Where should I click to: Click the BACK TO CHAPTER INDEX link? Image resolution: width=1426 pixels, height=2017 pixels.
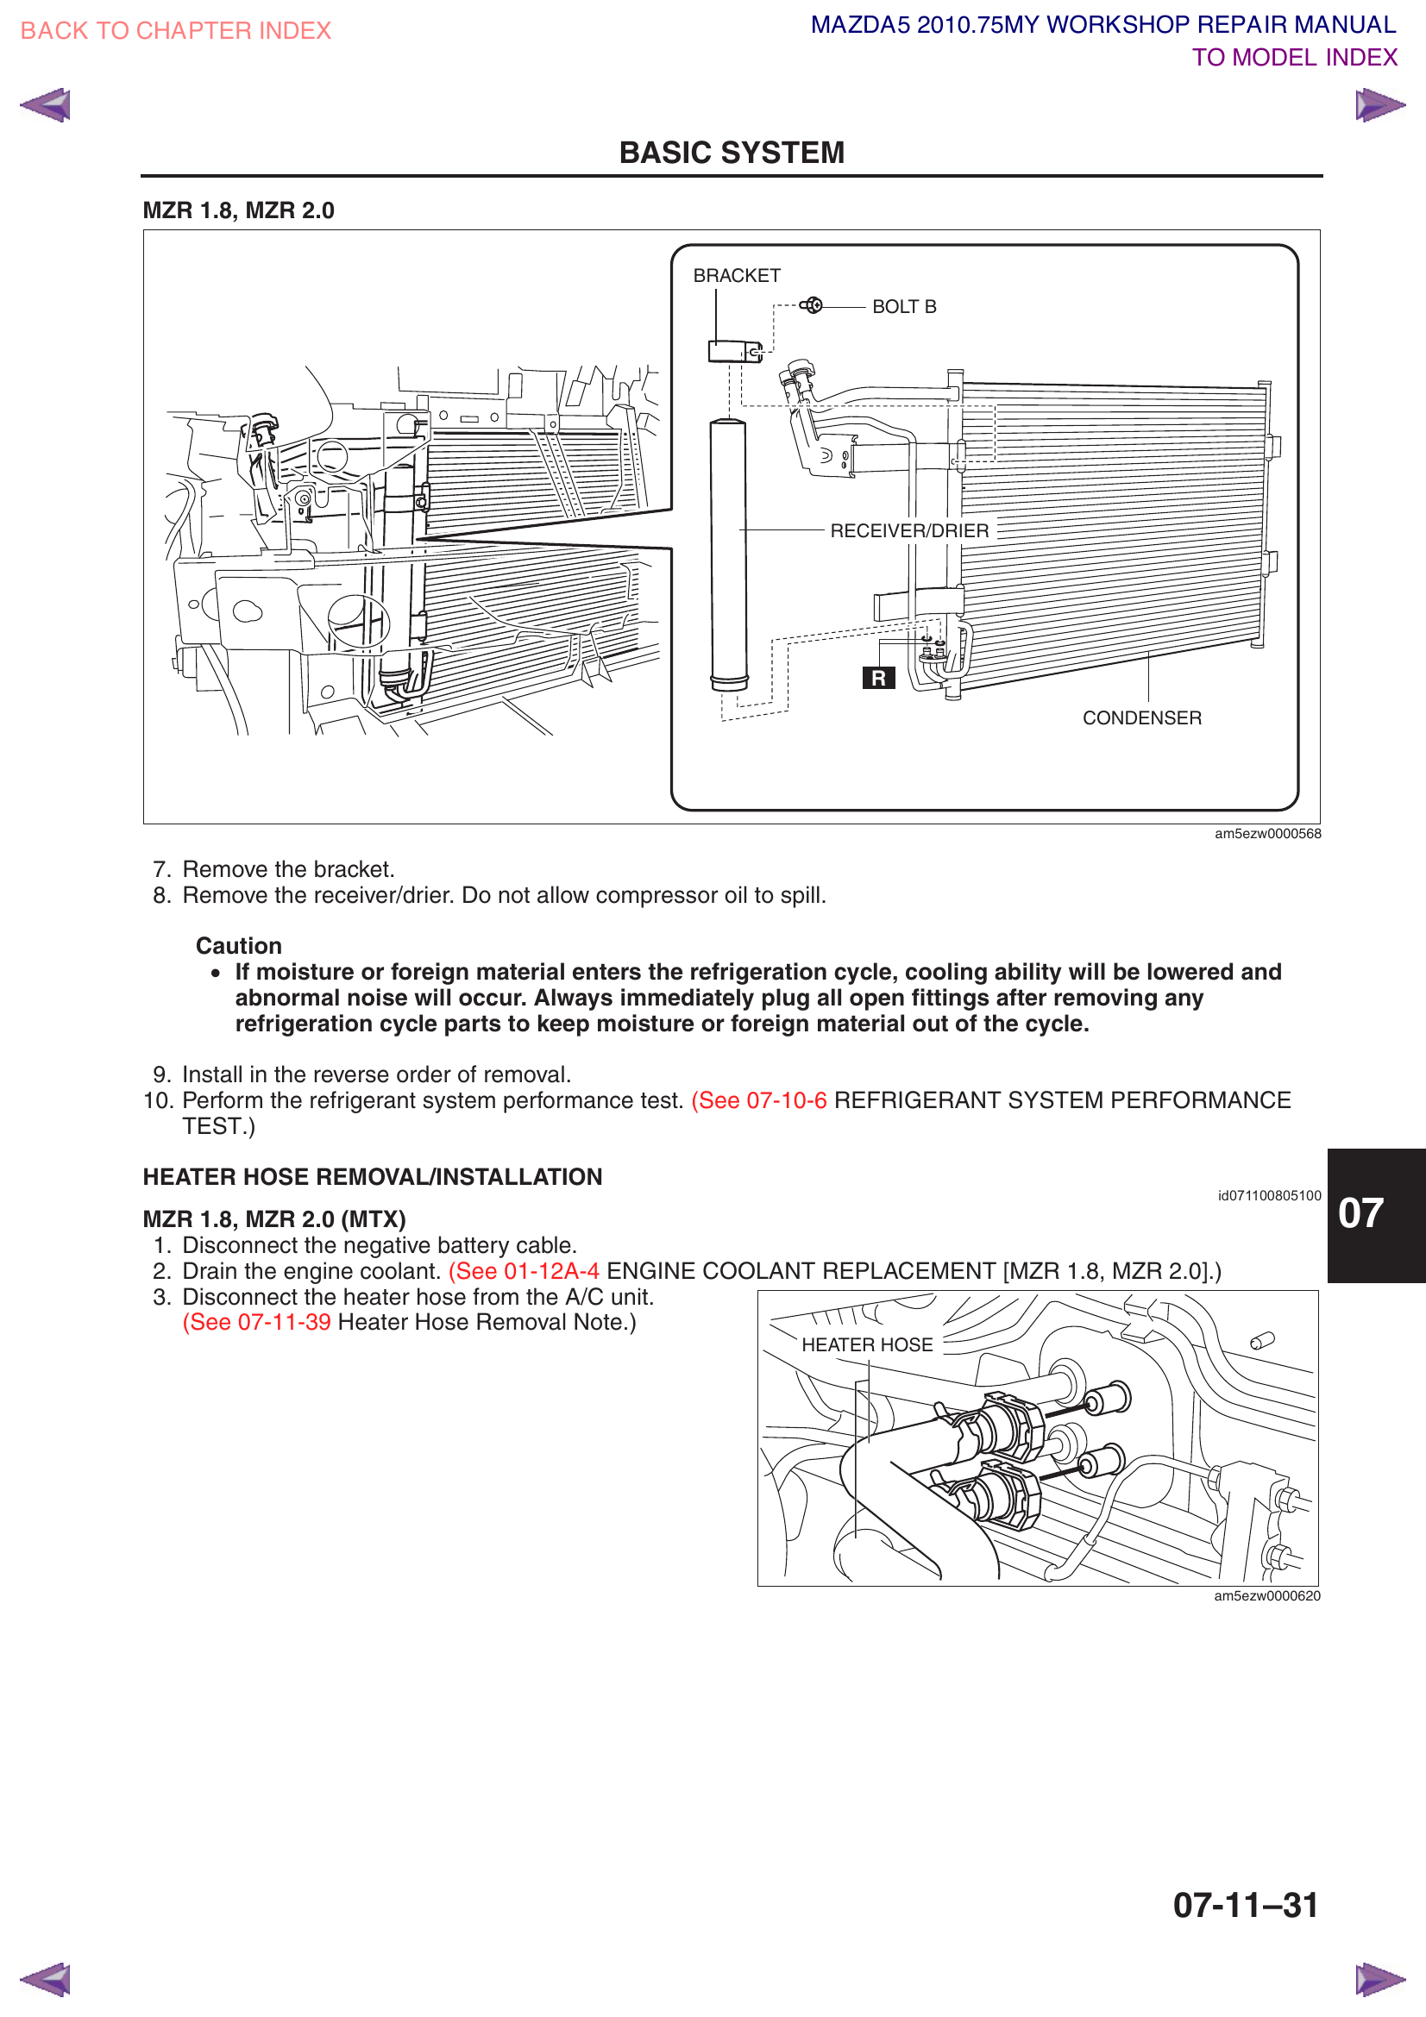pos(176,31)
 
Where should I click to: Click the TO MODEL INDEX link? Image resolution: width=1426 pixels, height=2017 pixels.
pos(1293,58)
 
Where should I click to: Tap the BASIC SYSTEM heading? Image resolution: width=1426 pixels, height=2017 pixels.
pos(731,153)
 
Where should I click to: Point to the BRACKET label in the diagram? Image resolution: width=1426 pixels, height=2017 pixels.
pos(736,276)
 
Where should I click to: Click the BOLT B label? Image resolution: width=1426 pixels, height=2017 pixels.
pos(903,307)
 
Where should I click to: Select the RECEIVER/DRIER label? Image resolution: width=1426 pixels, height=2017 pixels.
pos(908,530)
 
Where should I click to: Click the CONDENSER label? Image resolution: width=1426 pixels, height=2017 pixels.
pos(1141,717)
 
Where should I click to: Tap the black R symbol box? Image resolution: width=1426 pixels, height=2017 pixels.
pos(877,678)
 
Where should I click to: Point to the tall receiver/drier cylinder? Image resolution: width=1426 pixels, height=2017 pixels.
pos(728,554)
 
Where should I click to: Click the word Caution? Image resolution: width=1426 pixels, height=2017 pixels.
pos(238,945)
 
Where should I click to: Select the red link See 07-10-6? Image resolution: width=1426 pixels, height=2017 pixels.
pos(759,1099)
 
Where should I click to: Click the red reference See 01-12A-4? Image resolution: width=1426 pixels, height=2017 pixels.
pos(525,1271)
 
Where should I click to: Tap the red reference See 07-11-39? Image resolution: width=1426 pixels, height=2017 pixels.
pos(256,1322)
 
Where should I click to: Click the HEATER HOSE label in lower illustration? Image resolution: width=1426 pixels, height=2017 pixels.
pos(866,1345)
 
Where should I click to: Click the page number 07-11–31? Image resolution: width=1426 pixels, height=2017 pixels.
pos(1245,1905)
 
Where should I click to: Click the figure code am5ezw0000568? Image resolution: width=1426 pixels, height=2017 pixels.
pos(1267,834)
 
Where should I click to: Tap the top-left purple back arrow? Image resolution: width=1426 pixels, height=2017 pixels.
pos(46,105)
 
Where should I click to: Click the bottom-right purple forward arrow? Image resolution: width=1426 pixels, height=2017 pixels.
pos(1379,1979)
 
